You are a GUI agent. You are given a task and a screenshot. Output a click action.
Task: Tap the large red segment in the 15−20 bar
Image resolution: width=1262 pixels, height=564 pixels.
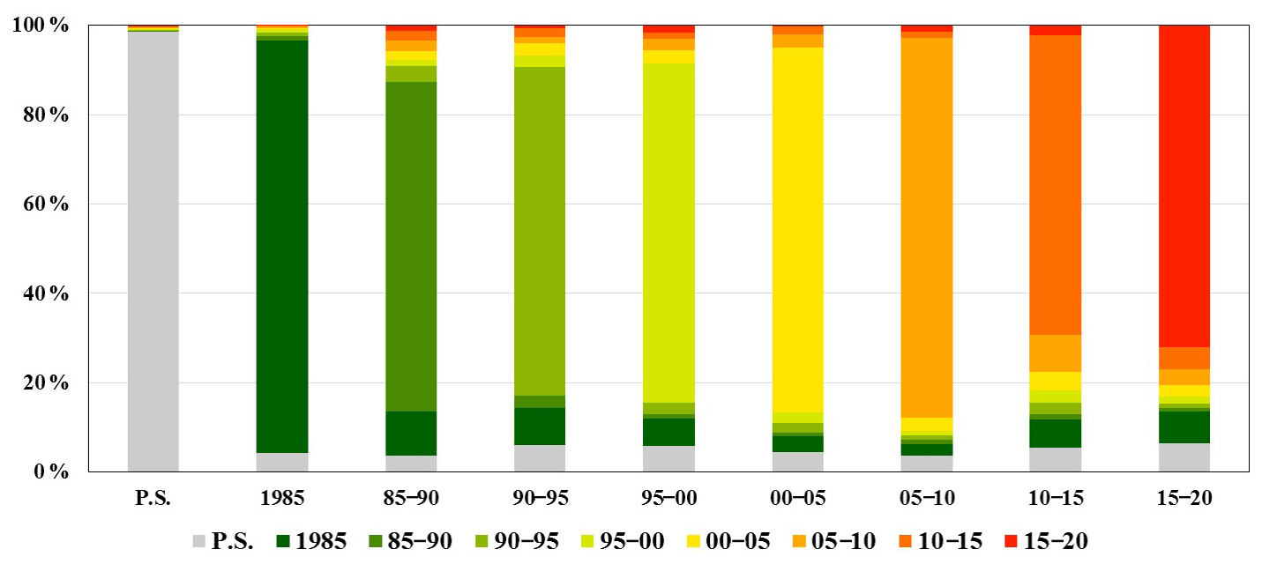[x=1184, y=185]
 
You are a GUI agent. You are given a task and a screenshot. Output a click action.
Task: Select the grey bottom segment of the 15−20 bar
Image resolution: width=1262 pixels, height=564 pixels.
[x=1184, y=457]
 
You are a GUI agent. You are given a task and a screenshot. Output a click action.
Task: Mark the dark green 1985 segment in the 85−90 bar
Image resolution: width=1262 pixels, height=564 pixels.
[x=411, y=433]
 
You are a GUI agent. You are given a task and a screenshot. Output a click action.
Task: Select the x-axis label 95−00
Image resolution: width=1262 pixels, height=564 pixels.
[x=669, y=498]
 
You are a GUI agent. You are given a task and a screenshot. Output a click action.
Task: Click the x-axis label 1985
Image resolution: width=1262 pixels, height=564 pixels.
[x=282, y=498]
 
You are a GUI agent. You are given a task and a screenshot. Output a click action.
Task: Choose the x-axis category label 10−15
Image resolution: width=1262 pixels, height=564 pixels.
[x=1055, y=498]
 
